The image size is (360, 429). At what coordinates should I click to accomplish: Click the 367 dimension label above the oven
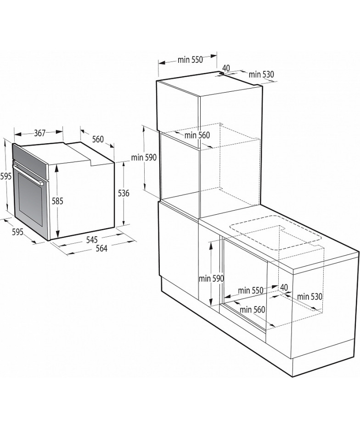click(x=39, y=133)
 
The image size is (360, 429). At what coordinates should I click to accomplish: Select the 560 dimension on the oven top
click(x=98, y=139)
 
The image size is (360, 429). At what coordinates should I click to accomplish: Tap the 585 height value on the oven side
click(x=57, y=201)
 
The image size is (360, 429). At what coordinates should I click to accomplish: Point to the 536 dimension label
click(x=124, y=194)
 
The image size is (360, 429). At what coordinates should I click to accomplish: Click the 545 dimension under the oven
click(x=92, y=240)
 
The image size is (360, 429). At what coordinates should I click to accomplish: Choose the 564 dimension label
click(x=101, y=248)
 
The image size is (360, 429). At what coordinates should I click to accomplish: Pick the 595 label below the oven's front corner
click(x=18, y=232)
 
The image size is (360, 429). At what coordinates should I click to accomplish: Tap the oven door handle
click(x=28, y=173)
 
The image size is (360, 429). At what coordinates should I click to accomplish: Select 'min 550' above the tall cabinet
click(x=190, y=60)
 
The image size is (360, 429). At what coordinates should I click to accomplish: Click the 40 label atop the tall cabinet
click(x=226, y=68)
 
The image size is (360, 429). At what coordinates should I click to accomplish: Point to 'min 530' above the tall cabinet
click(x=261, y=74)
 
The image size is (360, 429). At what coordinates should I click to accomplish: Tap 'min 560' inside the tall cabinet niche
click(x=197, y=135)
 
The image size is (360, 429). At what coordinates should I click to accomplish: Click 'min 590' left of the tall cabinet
click(x=144, y=157)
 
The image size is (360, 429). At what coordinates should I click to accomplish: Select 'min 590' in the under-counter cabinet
click(x=211, y=279)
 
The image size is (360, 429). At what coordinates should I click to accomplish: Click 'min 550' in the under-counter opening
click(x=251, y=290)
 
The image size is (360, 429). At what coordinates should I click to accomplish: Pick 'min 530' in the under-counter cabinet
click(x=309, y=296)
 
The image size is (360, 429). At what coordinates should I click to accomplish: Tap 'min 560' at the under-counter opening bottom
click(x=252, y=309)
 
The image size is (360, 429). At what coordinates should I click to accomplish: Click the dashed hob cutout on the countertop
click(x=276, y=233)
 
